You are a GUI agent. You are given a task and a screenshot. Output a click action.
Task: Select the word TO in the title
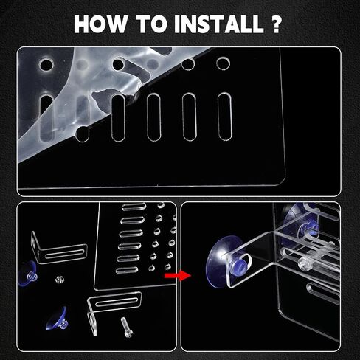(x=151, y=24)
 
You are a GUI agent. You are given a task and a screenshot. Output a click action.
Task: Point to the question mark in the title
(x=276, y=24)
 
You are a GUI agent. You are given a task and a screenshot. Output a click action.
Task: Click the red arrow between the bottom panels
(x=178, y=275)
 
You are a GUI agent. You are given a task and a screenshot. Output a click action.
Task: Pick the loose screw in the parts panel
(x=127, y=328)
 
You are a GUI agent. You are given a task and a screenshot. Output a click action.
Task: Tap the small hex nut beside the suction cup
(x=60, y=280)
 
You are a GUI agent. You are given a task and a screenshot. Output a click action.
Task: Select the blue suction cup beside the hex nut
(x=28, y=274)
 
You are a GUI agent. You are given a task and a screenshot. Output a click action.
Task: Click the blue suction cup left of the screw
(x=57, y=319)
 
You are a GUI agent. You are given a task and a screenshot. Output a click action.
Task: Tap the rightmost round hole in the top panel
(x=223, y=63)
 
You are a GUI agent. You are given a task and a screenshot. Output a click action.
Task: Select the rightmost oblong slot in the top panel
(x=225, y=117)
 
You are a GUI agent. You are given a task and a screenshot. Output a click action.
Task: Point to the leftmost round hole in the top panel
(x=46, y=65)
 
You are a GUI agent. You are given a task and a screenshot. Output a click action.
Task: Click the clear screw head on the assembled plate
(x=304, y=264)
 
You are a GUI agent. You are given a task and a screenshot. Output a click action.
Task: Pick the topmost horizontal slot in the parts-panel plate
(x=134, y=207)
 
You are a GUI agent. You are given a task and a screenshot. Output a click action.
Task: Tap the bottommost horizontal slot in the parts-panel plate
(x=127, y=270)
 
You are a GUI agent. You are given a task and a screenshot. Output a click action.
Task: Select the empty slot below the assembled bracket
(x=323, y=293)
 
